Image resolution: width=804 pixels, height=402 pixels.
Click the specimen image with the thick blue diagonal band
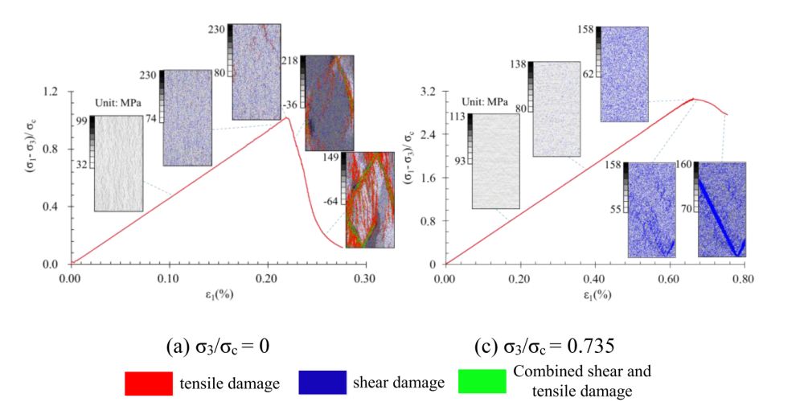pyautogui.click(x=720, y=209)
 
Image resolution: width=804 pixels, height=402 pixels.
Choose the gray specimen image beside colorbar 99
pyautogui.click(x=118, y=163)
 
